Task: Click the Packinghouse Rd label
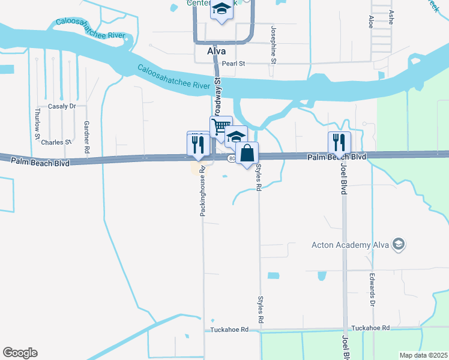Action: coord(203,191)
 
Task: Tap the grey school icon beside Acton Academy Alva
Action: coord(398,244)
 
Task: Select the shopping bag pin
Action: coord(247,154)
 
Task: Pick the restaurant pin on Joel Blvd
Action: coord(339,143)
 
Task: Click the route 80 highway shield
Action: coord(232,158)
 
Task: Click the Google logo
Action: coord(20,353)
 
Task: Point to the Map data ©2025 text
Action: coord(423,355)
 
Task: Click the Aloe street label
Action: coord(370,20)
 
